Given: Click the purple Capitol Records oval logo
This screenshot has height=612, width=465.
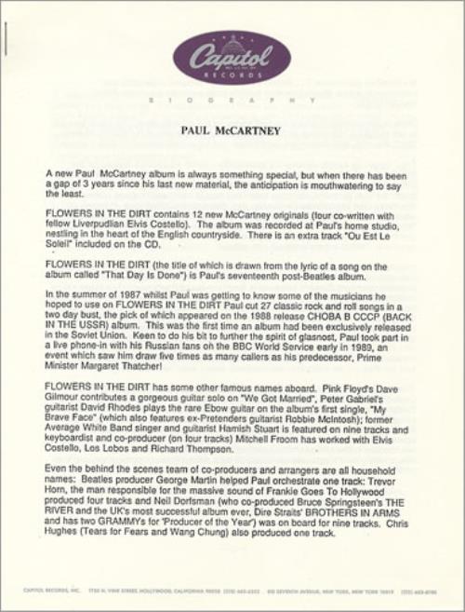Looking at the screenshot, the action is click(232, 57).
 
